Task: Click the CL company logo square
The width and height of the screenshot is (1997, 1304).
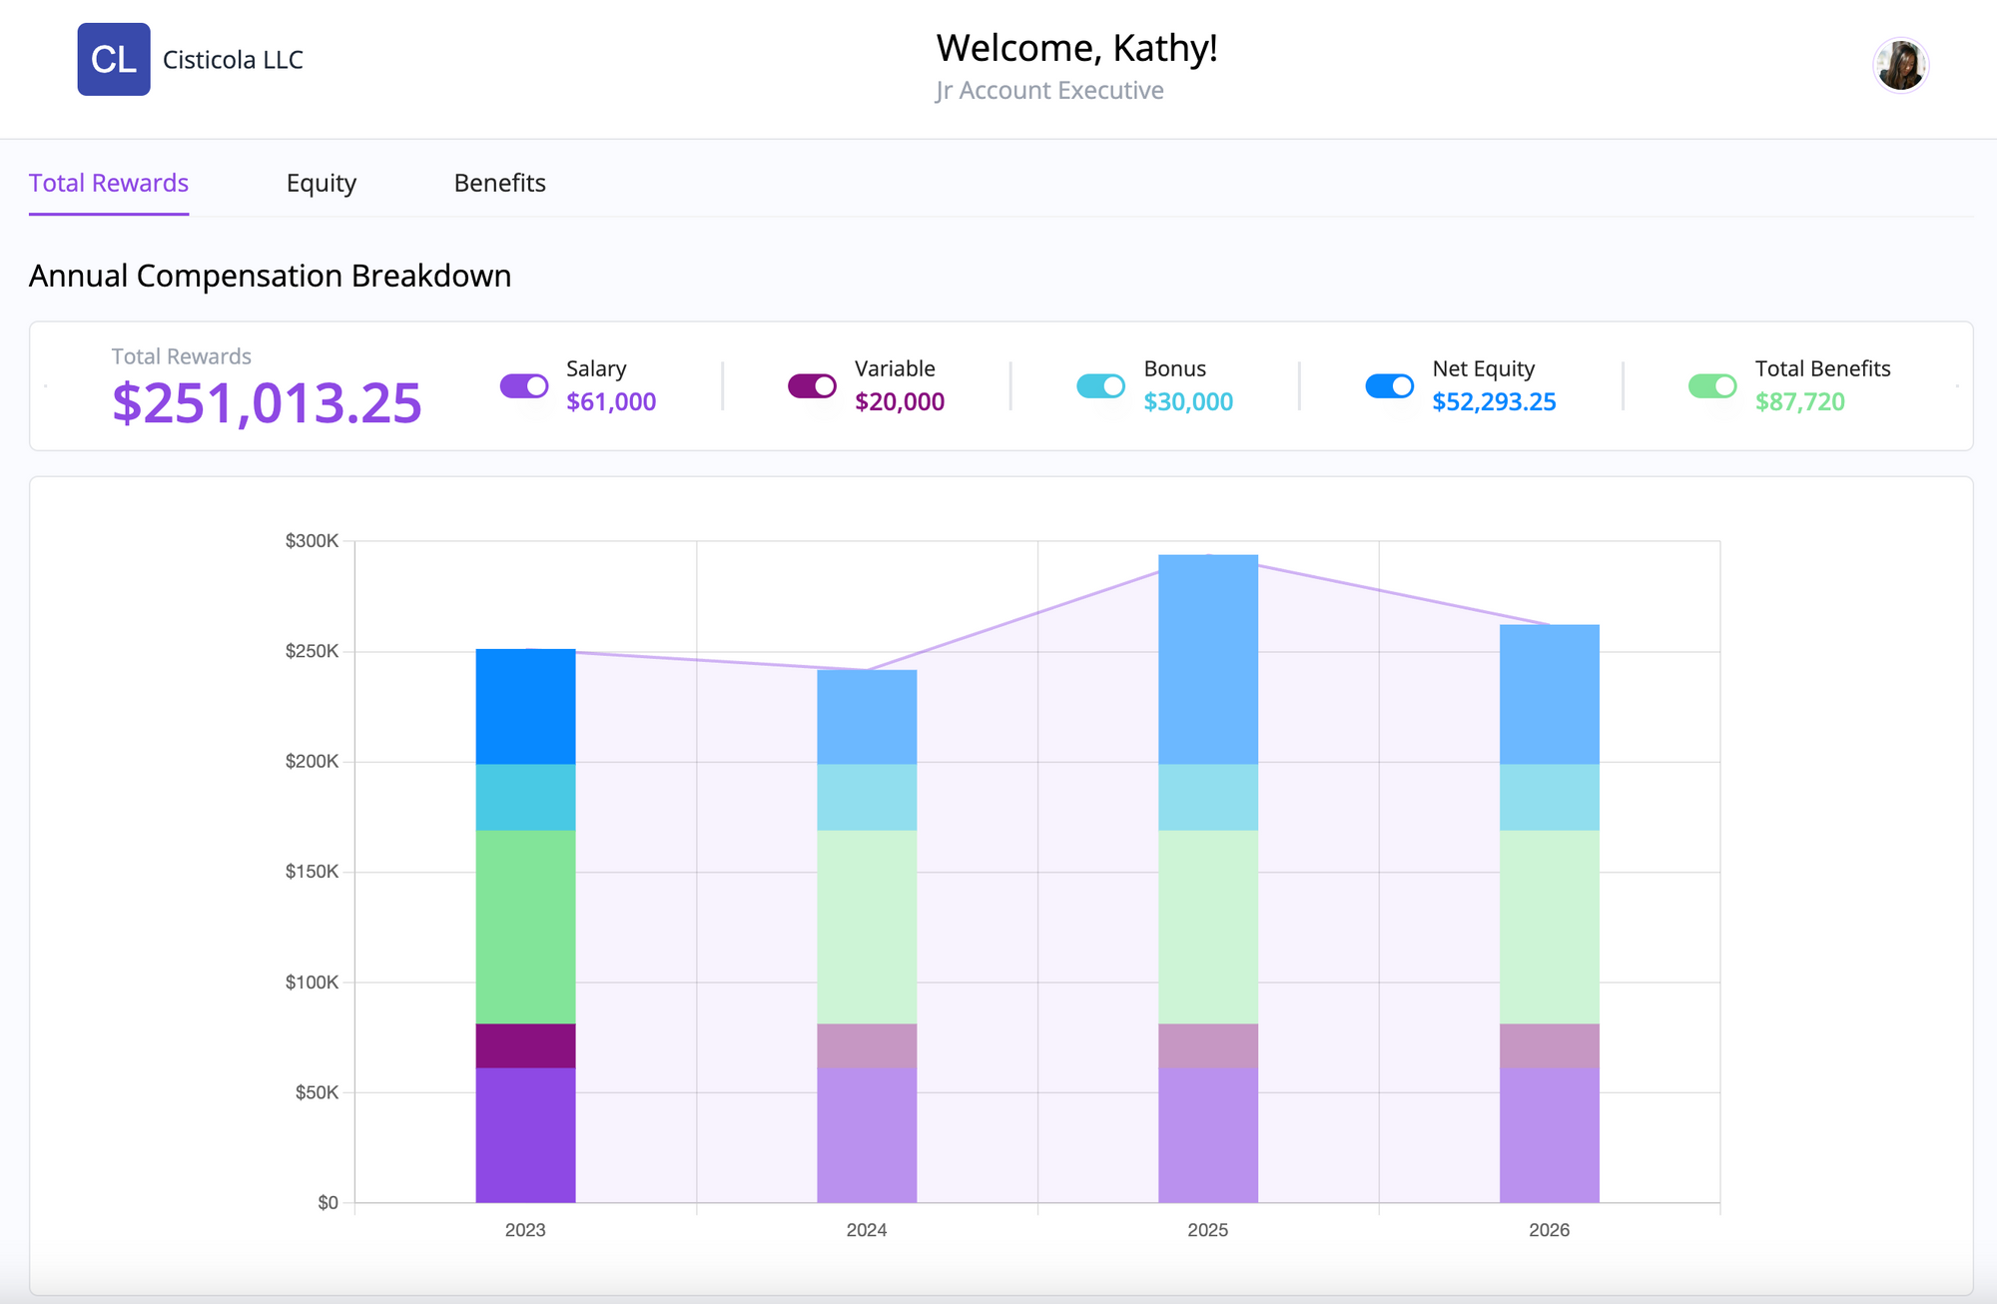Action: [x=114, y=60]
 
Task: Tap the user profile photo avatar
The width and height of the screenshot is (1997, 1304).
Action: [x=1900, y=65]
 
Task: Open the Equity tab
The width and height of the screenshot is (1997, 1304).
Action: [x=321, y=184]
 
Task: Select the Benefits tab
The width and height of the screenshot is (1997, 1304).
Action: [x=499, y=184]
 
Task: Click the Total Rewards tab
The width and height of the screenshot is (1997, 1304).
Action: [x=109, y=184]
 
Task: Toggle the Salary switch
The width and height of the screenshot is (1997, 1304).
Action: [x=524, y=385]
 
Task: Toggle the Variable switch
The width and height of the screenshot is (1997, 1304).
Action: [x=812, y=385]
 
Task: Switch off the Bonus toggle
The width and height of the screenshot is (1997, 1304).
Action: [x=1100, y=385]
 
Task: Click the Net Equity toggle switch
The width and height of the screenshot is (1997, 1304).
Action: [x=1389, y=385]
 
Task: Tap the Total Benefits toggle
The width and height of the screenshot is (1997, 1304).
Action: [x=1712, y=385]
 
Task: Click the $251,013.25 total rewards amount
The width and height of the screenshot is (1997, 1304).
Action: [x=267, y=403]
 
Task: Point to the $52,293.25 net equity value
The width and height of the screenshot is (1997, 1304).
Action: [x=1494, y=402]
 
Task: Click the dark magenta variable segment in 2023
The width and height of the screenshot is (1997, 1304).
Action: [x=525, y=1045]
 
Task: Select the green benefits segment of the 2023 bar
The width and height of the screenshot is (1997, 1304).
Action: [x=525, y=927]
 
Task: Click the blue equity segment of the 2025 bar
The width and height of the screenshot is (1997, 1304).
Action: [x=1207, y=659]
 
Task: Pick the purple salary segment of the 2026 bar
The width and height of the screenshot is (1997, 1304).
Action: [x=1549, y=1134]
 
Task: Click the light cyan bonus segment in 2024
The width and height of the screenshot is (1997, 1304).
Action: [x=867, y=797]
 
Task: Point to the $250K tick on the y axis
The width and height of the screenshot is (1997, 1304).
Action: [x=312, y=651]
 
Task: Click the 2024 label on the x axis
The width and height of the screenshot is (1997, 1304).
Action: [x=866, y=1230]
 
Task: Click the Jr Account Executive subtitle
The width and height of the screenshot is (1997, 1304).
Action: [x=1049, y=91]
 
